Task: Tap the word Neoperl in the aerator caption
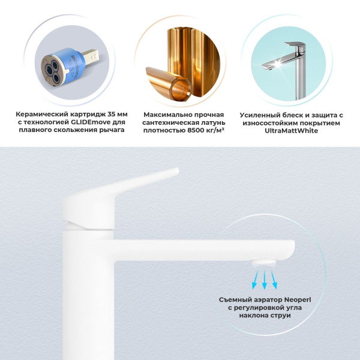[x=287, y=299]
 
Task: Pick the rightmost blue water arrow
[x=275, y=277]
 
